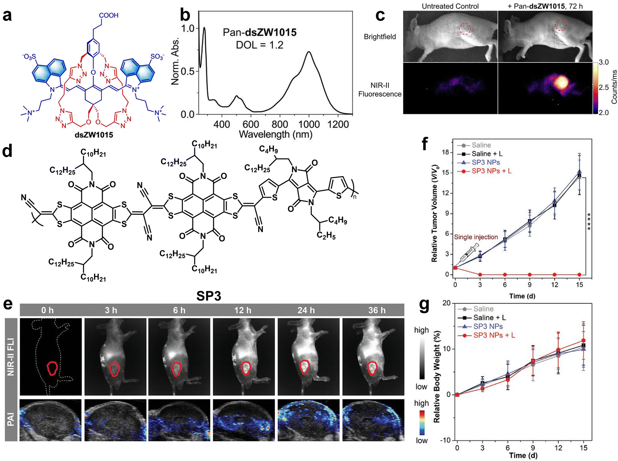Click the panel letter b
[185, 16]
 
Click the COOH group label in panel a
[108, 15]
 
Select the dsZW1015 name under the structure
[94, 135]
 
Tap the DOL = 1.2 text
[259, 45]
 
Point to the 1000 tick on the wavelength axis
[309, 124]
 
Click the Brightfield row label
[380, 37]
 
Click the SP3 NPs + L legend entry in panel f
[491, 171]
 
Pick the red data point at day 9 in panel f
[530, 274]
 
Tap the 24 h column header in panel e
[306, 310]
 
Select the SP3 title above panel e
[209, 296]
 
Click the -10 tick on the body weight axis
[446, 440]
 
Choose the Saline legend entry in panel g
[483, 309]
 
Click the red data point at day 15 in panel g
[583, 341]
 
